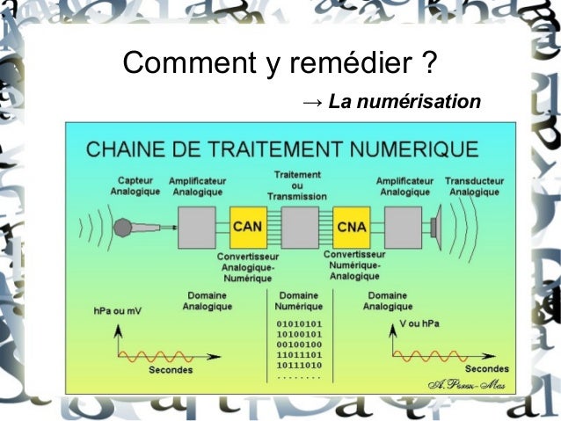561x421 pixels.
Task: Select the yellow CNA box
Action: [351, 227]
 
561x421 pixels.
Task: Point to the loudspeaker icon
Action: [436, 227]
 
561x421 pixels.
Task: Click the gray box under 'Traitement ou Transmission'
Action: [299, 227]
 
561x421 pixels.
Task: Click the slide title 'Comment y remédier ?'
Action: [280, 63]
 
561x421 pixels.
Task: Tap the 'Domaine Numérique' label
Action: [298, 301]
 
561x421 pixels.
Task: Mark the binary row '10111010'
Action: [298, 364]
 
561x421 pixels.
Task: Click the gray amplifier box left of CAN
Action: [197, 227]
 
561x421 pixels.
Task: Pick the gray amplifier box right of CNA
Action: [403, 227]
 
